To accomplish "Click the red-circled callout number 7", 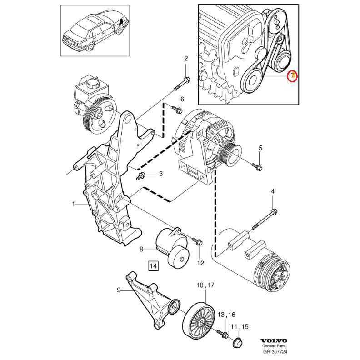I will (x=293, y=76).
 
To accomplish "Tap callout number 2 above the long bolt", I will (x=186, y=58).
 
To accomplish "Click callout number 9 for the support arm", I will (x=119, y=290).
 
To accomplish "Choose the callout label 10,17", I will (x=205, y=285).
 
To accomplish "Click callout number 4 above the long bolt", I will (x=273, y=192).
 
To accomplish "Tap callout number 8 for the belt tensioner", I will (x=141, y=249).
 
